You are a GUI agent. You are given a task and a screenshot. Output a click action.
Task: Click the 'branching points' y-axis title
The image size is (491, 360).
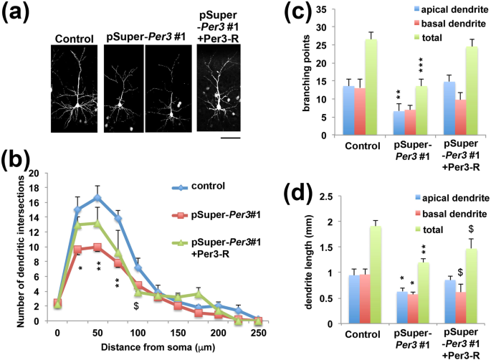coord(299,73)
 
